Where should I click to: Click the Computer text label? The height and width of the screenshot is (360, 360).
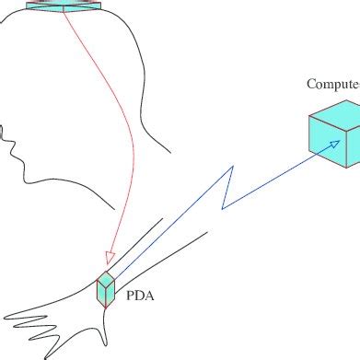click(x=332, y=85)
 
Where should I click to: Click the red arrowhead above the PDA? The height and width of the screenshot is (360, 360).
click(x=109, y=257)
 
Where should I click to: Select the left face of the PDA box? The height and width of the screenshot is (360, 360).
click(x=100, y=292)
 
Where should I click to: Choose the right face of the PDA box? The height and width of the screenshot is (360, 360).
click(x=111, y=293)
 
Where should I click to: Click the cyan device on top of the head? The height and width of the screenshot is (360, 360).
click(x=64, y=6)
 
